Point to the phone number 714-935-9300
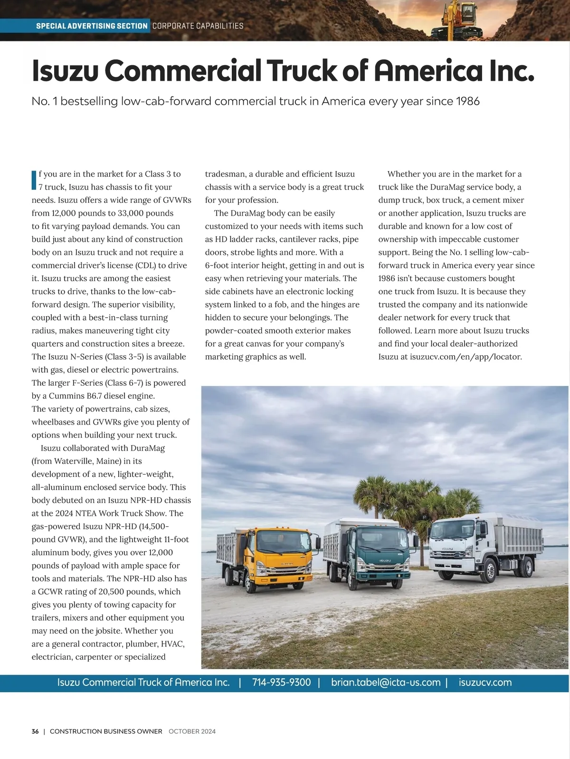click(281, 683)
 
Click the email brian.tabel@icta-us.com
click(386, 683)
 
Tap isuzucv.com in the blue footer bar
click(485, 683)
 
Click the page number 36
click(35, 731)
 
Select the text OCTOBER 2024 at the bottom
click(192, 731)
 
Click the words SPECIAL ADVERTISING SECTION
click(92, 26)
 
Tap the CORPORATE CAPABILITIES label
click(198, 26)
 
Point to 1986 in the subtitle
click(468, 101)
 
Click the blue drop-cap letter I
click(34, 180)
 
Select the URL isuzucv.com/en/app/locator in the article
click(465, 357)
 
